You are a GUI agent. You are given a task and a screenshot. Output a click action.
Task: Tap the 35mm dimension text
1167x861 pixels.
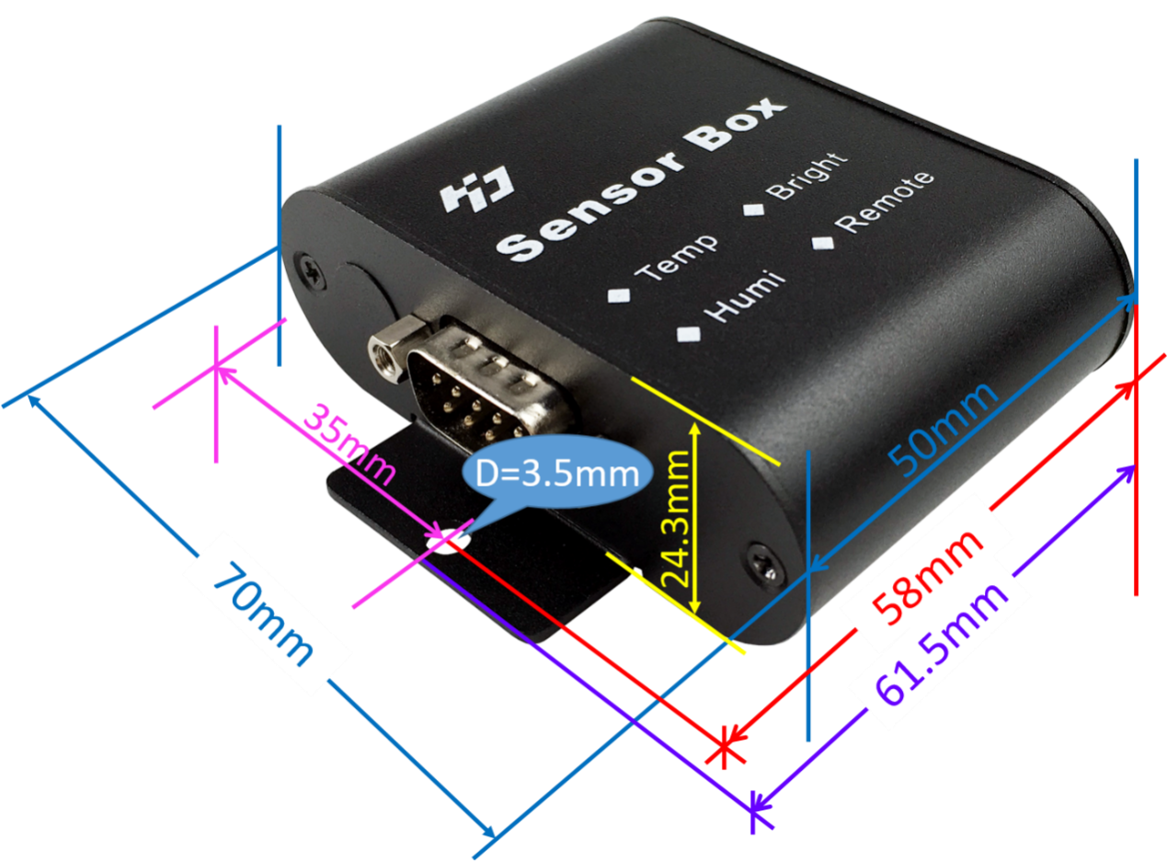(x=350, y=445)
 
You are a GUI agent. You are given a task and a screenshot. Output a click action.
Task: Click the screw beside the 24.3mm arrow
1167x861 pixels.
(x=762, y=564)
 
